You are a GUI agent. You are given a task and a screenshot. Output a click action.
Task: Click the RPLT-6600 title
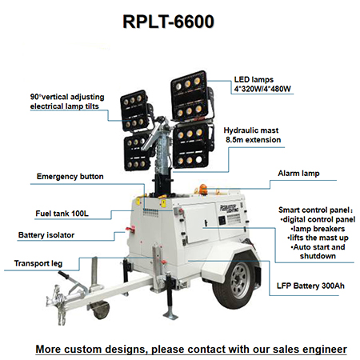point(168,22)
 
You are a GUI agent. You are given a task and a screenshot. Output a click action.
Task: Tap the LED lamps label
point(262,84)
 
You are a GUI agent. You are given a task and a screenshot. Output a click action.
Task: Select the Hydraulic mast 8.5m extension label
point(252,135)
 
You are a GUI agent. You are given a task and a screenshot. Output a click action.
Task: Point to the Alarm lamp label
point(298,174)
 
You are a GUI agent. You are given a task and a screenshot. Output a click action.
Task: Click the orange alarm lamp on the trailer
point(203,189)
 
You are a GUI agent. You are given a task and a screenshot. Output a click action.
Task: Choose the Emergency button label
point(70,177)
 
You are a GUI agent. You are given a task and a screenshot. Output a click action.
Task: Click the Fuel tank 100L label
point(62,214)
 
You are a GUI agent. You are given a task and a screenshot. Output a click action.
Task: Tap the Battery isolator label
point(46,235)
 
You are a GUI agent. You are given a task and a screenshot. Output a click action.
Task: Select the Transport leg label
point(38,263)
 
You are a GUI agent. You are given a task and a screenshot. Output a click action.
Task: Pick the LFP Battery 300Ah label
point(310,286)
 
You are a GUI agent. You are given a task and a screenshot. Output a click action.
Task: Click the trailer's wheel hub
point(240,281)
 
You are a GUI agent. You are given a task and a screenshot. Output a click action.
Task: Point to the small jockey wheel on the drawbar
point(101,310)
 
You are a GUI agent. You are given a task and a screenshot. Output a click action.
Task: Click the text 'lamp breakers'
point(318,229)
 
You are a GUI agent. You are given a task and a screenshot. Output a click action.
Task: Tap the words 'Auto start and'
point(318,247)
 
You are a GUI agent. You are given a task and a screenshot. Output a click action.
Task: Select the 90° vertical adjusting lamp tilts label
point(67,102)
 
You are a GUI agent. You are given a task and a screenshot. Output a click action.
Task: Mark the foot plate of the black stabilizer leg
point(170,317)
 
